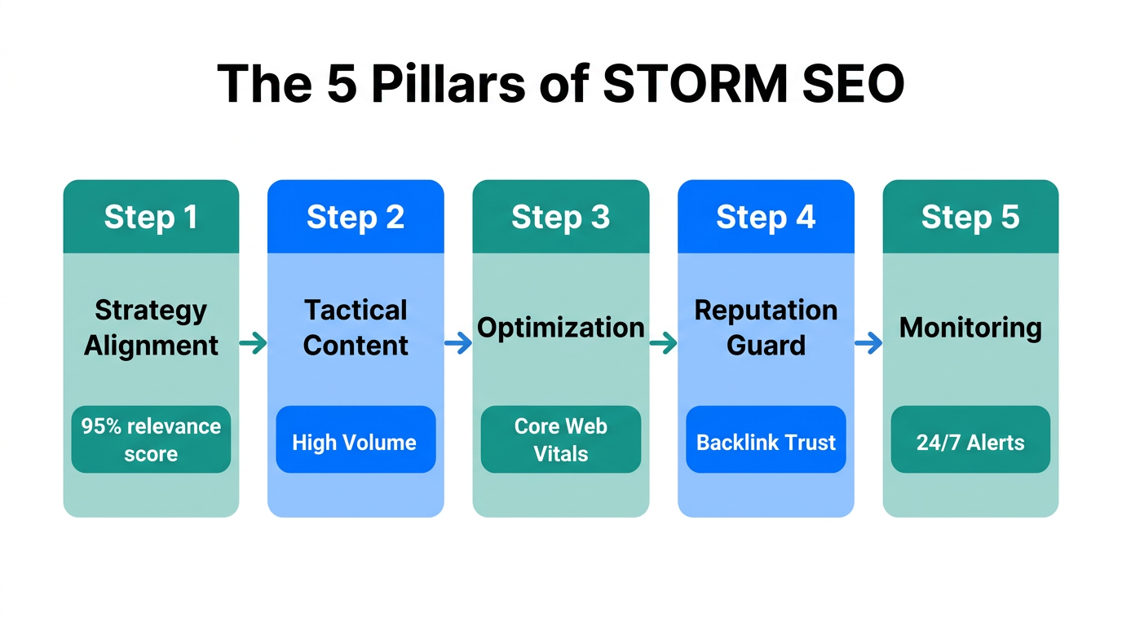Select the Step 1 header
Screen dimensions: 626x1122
click(151, 218)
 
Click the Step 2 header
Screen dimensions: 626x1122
click(356, 218)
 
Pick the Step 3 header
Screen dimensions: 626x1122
click(561, 218)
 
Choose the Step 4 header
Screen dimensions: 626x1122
click(766, 218)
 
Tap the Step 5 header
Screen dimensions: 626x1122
click(970, 218)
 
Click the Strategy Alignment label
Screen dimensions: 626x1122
click(151, 328)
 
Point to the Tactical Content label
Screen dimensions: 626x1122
click(356, 328)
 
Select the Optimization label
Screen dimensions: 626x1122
click(561, 328)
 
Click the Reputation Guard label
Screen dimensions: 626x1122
click(766, 328)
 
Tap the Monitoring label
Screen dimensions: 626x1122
click(970, 328)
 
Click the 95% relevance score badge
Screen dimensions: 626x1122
click(151, 439)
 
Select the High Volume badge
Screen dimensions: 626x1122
click(356, 439)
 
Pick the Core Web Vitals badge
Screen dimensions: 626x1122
click(561, 439)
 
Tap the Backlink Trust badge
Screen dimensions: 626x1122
click(766, 439)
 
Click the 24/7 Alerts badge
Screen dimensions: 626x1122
click(970, 439)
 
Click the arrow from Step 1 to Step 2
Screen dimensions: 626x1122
click(254, 343)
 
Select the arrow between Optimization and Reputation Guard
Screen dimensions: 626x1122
click(664, 343)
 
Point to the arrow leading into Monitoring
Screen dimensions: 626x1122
click(868, 343)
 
